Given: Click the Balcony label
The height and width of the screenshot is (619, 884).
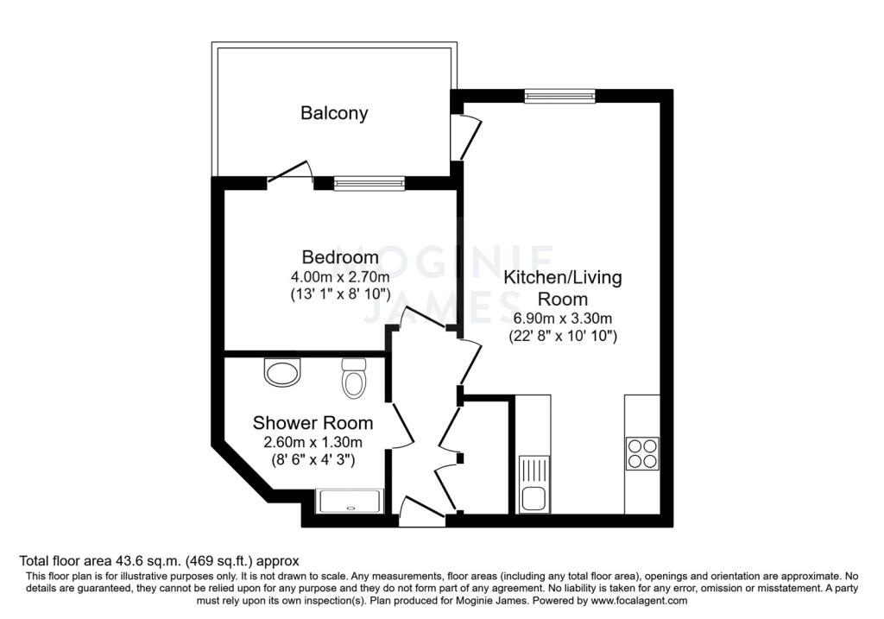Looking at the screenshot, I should tap(334, 112).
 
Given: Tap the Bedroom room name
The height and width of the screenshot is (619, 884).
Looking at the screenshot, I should tap(339, 257).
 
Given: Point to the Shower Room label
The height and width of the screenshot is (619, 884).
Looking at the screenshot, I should tap(313, 423).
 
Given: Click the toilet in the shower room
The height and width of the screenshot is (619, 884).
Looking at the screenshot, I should tap(353, 379).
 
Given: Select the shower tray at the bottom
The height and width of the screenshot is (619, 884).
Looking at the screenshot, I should tap(350, 501).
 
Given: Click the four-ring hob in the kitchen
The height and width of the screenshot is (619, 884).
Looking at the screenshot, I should tap(641, 453).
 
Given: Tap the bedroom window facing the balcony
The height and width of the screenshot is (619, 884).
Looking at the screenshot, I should tap(369, 183).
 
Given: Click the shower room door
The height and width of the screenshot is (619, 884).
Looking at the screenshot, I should tap(401, 426).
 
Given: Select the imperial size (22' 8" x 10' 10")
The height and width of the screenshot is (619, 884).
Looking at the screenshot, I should tap(562, 337).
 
